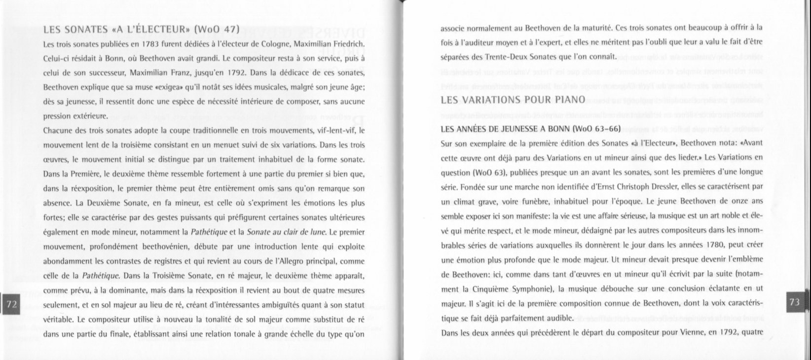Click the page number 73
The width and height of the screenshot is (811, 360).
click(794, 302)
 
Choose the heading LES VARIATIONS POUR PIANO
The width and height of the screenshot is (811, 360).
click(513, 100)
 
